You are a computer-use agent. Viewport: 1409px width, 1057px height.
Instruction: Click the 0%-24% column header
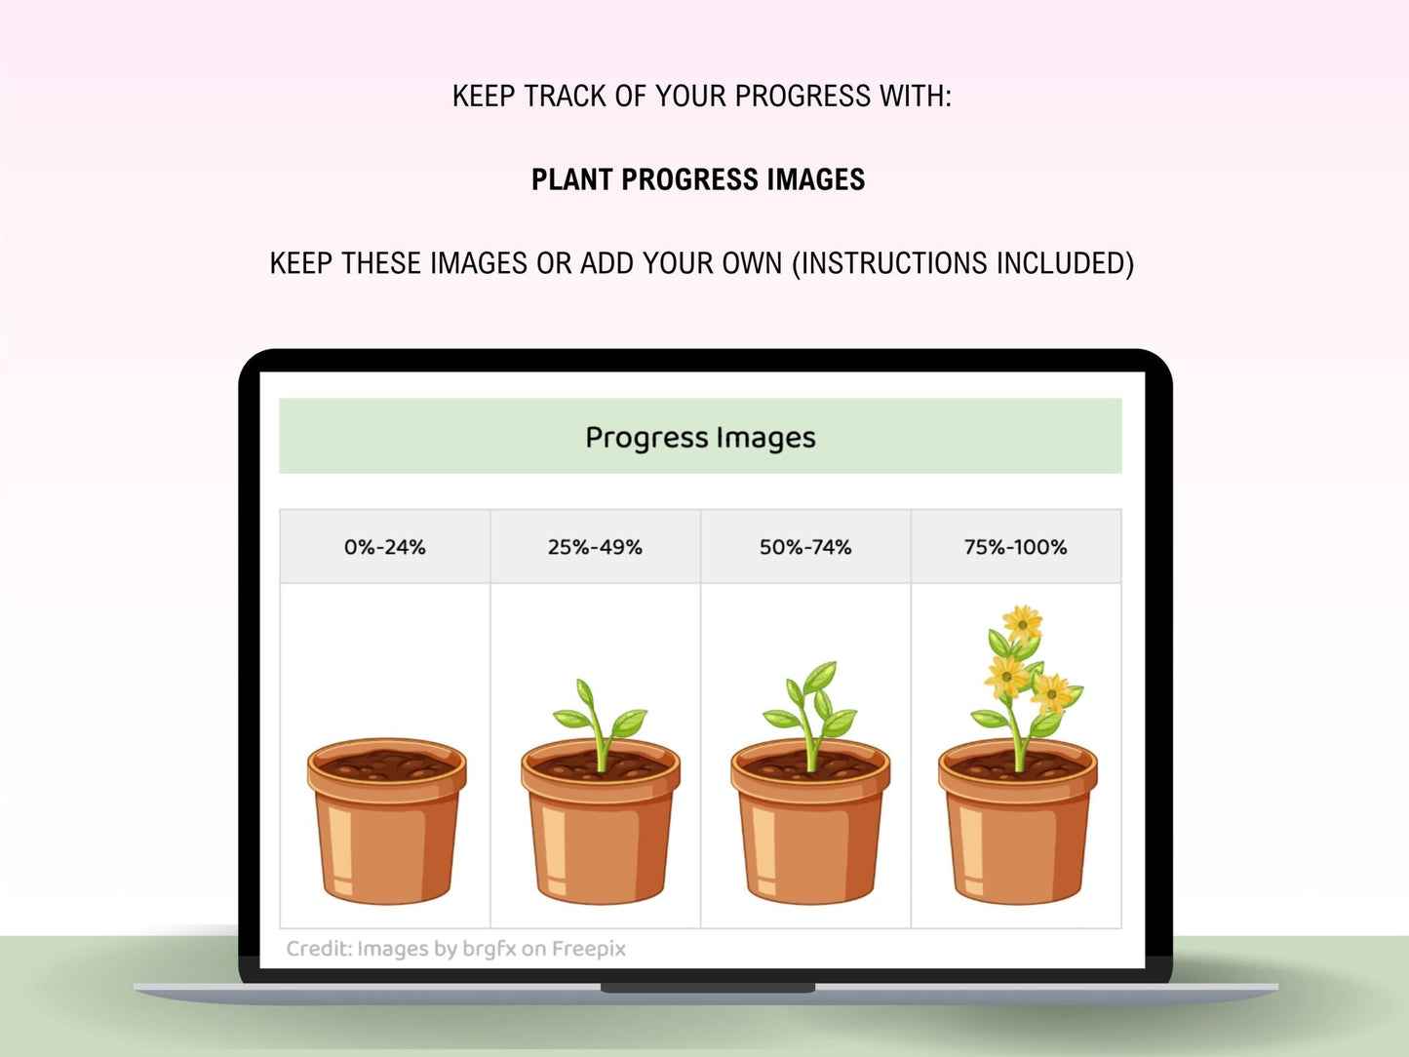coord(384,547)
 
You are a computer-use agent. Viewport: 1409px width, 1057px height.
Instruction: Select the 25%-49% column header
coord(595,547)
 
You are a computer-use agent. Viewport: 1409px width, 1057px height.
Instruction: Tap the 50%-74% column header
coord(805,547)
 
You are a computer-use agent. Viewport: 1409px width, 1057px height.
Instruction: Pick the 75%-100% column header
coord(1015,547)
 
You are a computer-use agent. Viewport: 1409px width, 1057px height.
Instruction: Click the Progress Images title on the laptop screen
coord(700,438)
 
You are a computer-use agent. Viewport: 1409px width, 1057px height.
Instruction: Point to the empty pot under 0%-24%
coord(386,821)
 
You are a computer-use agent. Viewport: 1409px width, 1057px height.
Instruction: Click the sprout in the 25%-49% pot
coord(601,724)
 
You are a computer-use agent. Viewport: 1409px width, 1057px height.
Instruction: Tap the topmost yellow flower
coord(1022,622)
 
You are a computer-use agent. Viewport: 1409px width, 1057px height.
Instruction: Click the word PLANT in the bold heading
coord(571,179)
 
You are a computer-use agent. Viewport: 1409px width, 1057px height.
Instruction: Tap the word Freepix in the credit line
coord(589,949)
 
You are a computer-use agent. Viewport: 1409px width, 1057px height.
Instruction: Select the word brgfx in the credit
coord(489,949)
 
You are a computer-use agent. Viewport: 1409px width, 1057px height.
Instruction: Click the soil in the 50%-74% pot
coord(810,764)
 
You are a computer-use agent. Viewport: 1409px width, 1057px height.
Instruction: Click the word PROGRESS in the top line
coord(802,97)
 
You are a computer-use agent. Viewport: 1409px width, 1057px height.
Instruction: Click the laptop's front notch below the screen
coord(707,988)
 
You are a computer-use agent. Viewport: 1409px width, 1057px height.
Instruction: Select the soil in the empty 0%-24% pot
coord(386,764)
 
